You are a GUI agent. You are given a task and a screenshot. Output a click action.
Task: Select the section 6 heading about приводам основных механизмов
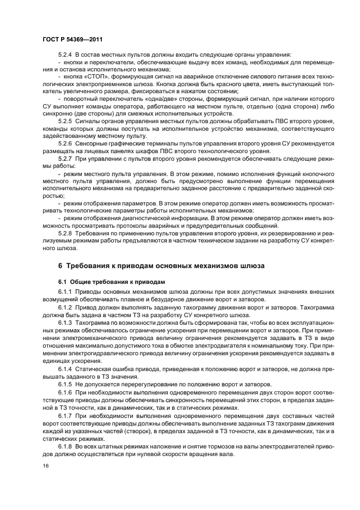[x=161, y=265]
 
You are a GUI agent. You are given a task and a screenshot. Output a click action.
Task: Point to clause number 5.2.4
[x=65, y=55]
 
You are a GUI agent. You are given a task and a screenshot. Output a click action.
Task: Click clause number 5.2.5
[x=65, y=120]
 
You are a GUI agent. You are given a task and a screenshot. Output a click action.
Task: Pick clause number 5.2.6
[x=65, y=143]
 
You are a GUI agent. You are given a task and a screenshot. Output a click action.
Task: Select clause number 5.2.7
[x=65, y=158]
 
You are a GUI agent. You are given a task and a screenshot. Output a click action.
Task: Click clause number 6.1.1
[x=65, y=292]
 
